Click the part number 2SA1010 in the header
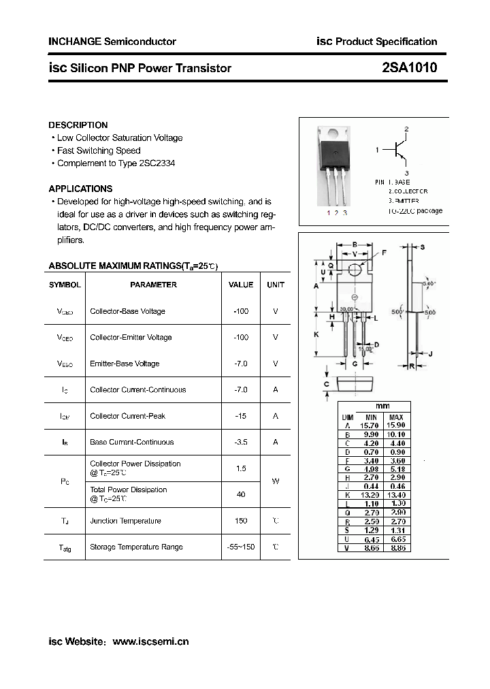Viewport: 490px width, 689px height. click(x=409, y=67)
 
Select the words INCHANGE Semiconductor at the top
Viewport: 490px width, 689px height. click(x=112, y=42)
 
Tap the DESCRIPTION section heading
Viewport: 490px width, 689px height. click(x=78, y=125)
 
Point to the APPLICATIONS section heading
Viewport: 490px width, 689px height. click(x=80, y=189)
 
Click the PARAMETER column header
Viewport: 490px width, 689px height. click(x=153, y=285)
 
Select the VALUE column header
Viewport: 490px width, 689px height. click(x=240, y=285)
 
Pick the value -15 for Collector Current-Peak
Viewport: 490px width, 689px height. click(x=240, y=416)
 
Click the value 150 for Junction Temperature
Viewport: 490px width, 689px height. click(x=240, y=521)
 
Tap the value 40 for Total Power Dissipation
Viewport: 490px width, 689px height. click(x=240, y=494)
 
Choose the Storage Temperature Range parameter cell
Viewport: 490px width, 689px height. click(x=136, y=547)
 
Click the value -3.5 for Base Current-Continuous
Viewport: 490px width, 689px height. click(x=240, y=442)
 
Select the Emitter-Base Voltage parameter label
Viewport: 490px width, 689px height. click(x=125, y=364)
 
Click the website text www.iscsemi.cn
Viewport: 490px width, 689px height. click(x=150, y=641)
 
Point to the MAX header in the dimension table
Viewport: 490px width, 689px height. click(x=396, y=417)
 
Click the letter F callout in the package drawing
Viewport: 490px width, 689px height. click(x=384, y=253)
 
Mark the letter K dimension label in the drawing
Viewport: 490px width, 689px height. click(x=316, y=334)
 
